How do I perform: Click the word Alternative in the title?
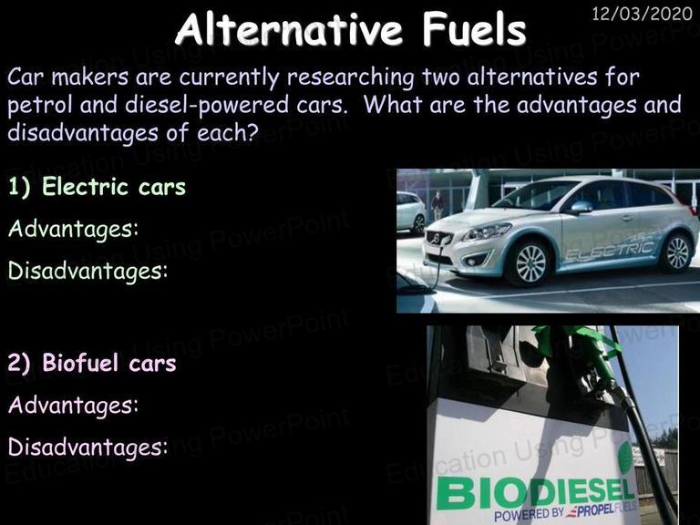click(290, 29)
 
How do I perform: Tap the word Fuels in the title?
click(474, 29)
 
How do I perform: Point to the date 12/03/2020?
click(642, 14)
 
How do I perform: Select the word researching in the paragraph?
click(351, 77)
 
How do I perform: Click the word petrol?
click(40, 106)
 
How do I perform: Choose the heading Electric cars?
click(114, 186)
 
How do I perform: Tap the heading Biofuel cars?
click(109, 363)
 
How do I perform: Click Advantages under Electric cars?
click(73, 229)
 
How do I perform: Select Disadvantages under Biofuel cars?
click(87, 447)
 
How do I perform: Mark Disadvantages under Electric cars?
click(87, 270)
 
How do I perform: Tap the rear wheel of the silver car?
click(677, 252)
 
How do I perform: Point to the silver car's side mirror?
click(581, 207)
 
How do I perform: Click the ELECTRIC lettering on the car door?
click(610, 251)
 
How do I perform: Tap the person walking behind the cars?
click(437, 204)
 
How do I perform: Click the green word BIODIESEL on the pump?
click(535, 492)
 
